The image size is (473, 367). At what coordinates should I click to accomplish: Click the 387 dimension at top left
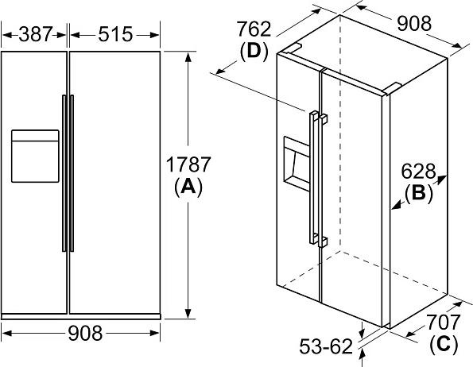tap(36, 34)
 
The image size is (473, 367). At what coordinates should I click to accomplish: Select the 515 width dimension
tap(115, 34)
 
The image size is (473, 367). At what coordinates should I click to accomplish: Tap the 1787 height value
tap(188, 164)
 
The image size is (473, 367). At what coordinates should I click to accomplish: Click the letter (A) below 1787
tap(188, 187)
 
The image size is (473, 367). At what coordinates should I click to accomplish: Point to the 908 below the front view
tap(85, 334)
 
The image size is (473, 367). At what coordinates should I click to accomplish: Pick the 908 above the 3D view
tap(414, 24)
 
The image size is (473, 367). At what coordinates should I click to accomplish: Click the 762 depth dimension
tap(254, 29)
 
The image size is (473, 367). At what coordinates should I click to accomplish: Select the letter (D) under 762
tap(254, 51)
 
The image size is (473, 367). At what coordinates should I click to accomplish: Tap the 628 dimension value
tap(418, 172)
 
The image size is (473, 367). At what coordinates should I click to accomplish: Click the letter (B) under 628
tap(419, 193)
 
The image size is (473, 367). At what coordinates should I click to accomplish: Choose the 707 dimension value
tap(443, 322)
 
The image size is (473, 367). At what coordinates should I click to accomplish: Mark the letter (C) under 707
tap(444, 343)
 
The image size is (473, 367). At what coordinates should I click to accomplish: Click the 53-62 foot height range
tap(326, 346)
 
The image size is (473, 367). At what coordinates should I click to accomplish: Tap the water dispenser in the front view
tap(35, 156)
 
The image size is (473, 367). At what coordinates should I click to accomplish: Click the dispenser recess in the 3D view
tap(297, 164)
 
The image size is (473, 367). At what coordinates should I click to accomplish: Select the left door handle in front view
tap(64, 173)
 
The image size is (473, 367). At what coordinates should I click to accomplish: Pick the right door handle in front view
tap(72, 173)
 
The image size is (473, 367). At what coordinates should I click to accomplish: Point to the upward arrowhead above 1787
tap(188, 57)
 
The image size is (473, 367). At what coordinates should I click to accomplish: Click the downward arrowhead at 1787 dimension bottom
tap(188, 313)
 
